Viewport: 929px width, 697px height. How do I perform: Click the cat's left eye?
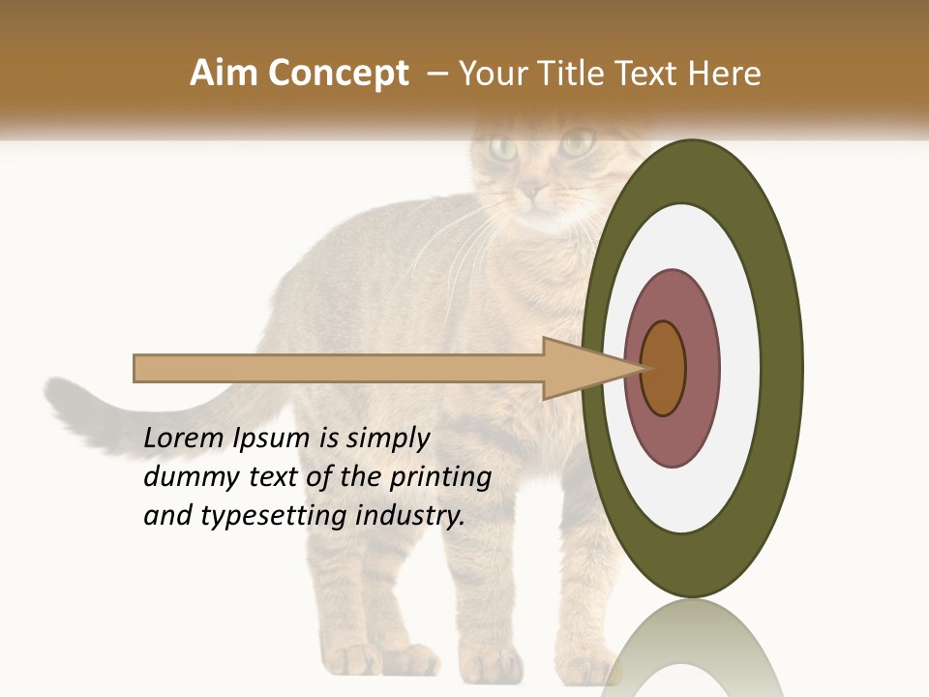(503, 148)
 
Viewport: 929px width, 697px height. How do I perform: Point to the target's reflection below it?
(692, 649)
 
